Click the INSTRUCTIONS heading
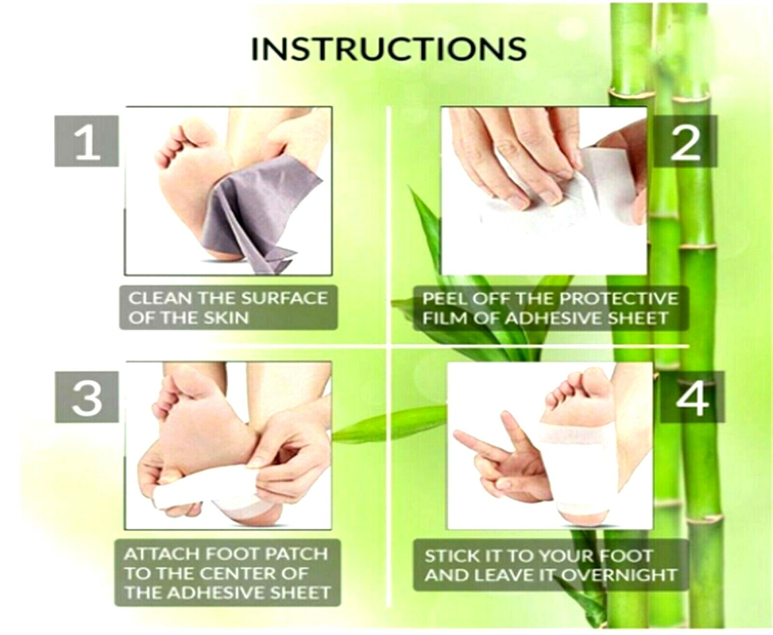click(389, 49)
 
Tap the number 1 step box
click(86, 141)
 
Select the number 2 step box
click(686, 141)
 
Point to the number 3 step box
click(87, 397)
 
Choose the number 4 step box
click(692, 397)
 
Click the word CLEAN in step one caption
click(160, 299)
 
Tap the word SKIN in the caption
click(226, 318)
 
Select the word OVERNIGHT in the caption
click(619, 576)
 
